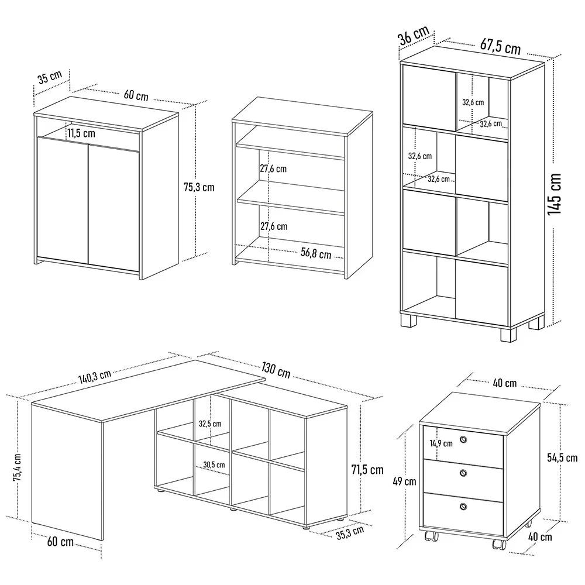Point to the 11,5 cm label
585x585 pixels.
(81, 133)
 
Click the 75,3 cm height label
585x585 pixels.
(199, 187)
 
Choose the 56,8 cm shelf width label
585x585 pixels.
(316, 254)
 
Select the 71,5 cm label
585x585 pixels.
(367, 469)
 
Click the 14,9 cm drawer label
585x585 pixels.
(441, 443)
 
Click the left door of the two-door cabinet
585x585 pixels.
(62, 199)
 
